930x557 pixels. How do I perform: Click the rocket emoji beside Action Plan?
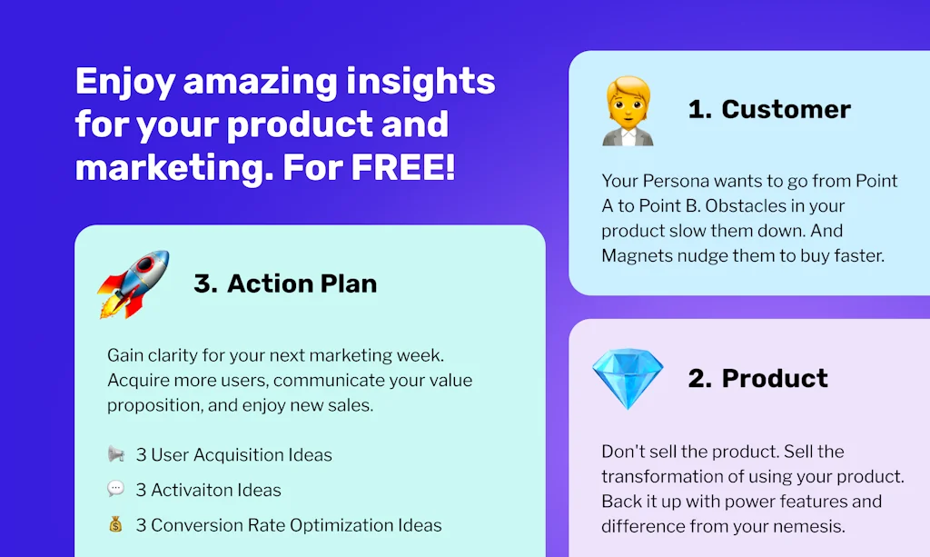click(x=134, y=283)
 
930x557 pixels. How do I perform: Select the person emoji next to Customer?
click(x=628, y=111)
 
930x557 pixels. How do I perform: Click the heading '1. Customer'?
click(x=769, y=110)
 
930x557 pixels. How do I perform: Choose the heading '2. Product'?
click(x=758, y=379)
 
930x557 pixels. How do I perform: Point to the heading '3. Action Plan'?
click(x=285, y=283)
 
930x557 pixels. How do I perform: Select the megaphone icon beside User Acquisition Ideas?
click(x=115, y=454)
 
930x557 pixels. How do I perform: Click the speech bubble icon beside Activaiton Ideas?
click(x=115, y=490)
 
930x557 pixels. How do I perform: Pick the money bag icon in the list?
click(x=115, y=525)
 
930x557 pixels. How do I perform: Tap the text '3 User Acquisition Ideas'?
click(x=234, y=454)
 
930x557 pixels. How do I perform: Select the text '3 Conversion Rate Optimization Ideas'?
click(x=289, y=525)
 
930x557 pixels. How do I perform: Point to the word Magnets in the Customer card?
click(x=636, y=255)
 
